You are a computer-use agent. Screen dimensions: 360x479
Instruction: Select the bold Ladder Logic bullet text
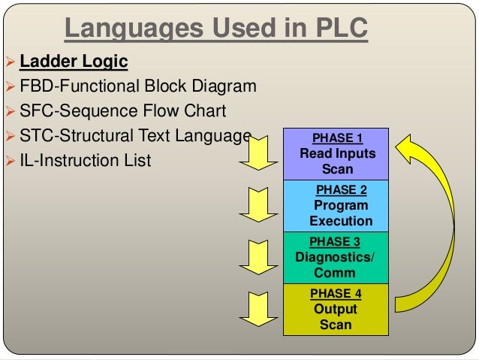click(x=74, y=61)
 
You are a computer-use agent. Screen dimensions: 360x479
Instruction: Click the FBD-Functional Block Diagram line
click(x=137, y=86)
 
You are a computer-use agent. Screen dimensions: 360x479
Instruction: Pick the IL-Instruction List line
click(x=85, y=160)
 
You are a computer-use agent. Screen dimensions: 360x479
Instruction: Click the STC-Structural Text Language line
click(x=135, y=136)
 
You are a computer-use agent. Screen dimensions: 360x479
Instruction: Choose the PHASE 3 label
click(x=335, y=242)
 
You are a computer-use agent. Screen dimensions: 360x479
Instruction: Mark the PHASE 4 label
click(x=336, y=294)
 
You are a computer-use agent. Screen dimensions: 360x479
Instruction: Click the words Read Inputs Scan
click(x=337, y=162)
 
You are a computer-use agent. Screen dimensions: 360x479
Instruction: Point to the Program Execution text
click(x=341, y=213)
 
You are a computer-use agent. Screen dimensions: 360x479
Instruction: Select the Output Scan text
click(x=336, y=317)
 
